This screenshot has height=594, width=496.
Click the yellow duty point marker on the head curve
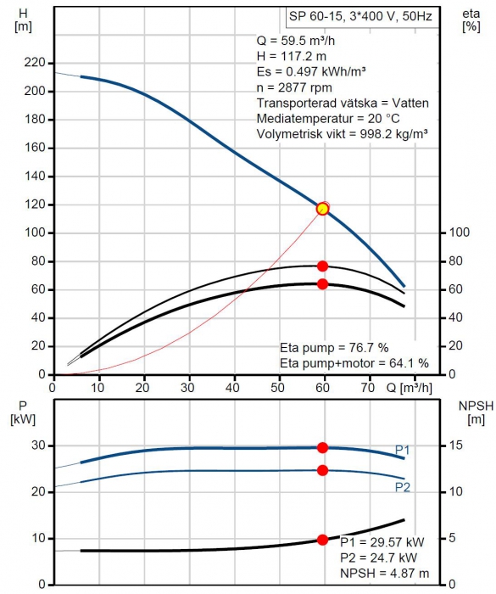[x=322, y=209]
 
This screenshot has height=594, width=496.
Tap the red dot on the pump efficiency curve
[x=322, y=266]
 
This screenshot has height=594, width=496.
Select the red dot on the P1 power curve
[x=322, y=447]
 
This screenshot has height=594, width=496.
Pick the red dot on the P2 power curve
[x=322, y=470]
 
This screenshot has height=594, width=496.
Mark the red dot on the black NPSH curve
[x=322, y=540]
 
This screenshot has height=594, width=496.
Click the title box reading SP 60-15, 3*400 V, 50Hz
[x=362, y=17]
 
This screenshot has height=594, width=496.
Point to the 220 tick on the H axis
[x=34, y=63]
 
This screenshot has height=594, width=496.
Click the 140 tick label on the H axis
[x=34, y=177]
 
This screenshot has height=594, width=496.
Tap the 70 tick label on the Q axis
[x=368, y=388]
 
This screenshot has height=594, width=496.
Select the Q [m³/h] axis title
[x=409, y=388]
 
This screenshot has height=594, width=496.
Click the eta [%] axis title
[x=471, y=20]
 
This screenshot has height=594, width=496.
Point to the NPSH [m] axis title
[x=476, y=412]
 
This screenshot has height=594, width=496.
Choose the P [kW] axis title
[x=23, y=412]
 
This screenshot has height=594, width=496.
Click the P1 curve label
[x=402, y=450]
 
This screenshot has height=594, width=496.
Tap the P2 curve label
[x=403, y=487]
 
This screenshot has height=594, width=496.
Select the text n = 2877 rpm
[x=294, y=87]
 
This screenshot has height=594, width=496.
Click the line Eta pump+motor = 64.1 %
[x=354, y=363]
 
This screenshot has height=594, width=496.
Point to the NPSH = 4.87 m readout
[x=384, y=573]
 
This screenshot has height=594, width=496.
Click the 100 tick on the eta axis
[x=459, y=233]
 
